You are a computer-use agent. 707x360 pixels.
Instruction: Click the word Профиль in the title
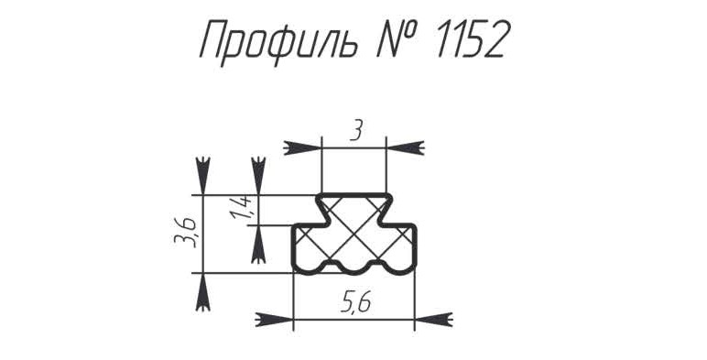click(x=279, y=41)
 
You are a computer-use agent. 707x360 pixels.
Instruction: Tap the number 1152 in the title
click(x=471, y=39)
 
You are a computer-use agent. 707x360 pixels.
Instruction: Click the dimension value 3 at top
click(x=355, y=131)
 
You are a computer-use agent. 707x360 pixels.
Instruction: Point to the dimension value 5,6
click(x=356, y=302)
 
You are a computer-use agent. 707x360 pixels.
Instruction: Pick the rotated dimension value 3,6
click(x=185, y=233)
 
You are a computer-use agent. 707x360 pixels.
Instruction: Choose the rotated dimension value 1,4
click(x=241, y=209)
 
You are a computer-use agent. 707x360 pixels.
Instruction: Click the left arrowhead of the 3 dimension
click(x=302, y=147)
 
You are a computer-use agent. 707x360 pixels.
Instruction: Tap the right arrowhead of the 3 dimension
click(x=405, y=147)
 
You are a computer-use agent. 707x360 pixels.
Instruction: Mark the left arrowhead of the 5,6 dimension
click(x=274, y=320)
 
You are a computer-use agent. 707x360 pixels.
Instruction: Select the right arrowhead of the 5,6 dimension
click(x=433, y=320)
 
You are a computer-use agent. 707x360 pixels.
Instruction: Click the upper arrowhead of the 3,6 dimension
click(x=203, y=176)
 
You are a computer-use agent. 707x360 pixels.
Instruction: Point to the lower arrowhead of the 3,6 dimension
click(x=203, y=292)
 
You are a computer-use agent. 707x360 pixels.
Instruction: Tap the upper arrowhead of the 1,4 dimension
click(x=258, y=176)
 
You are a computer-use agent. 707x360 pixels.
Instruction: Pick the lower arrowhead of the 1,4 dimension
click(x=258, y=244)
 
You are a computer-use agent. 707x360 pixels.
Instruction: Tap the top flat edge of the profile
click(x=353, y=195)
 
